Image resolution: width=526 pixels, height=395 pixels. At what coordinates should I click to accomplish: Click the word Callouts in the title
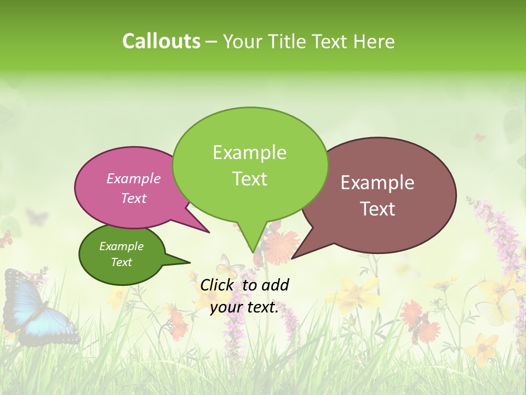161,41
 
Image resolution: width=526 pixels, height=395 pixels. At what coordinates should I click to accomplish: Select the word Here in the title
375,42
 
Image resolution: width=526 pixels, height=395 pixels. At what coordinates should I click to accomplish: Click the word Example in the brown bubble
378,183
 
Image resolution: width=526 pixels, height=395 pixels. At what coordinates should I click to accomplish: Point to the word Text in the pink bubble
134,199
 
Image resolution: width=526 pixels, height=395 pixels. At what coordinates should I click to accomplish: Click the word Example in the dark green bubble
121,246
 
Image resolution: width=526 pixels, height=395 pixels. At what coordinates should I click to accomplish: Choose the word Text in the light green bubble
250,179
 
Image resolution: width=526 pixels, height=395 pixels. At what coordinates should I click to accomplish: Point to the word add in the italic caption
275,285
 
